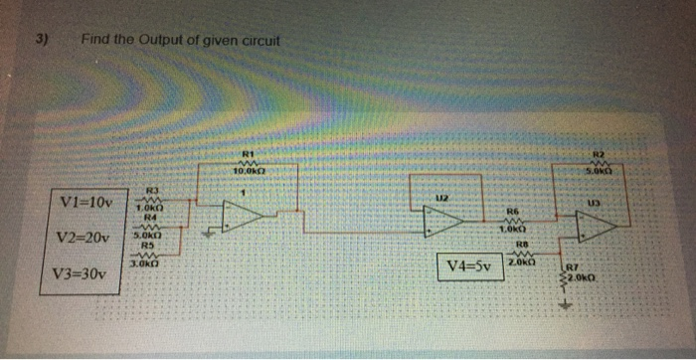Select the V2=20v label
tap(87, 238)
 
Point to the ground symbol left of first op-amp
tap(208, 235)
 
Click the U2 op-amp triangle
tap(443, 220)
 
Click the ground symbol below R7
tap(570, 304)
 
